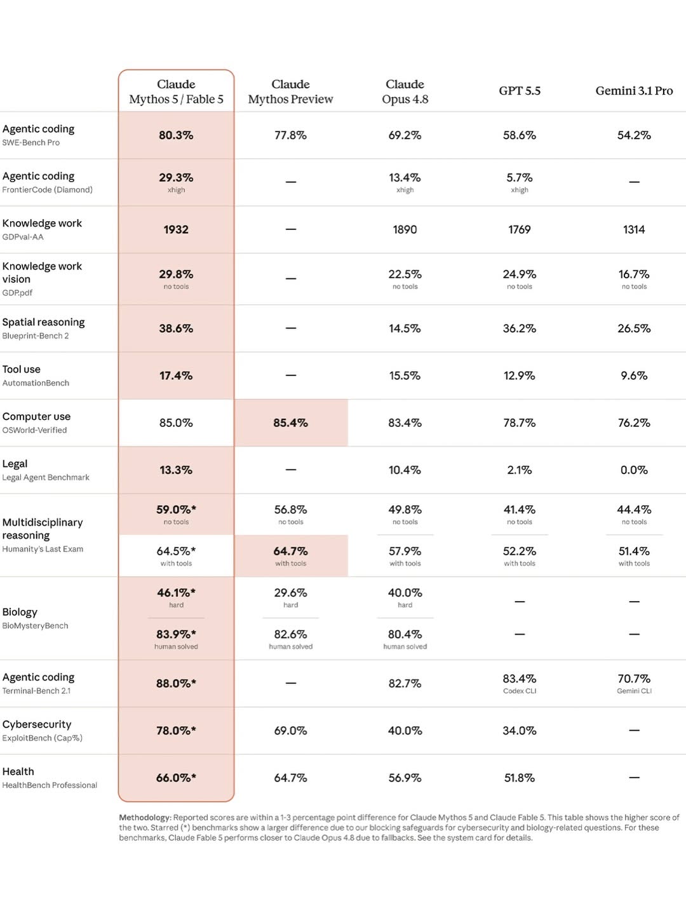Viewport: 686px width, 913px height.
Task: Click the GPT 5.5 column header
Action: pos(520,91)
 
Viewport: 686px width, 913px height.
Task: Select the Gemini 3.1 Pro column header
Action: pos(634,91)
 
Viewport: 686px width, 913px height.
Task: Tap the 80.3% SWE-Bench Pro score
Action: pos(176,135)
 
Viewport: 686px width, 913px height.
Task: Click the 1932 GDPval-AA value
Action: pos(176,229)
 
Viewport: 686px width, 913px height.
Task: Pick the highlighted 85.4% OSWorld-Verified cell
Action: pos(291,423)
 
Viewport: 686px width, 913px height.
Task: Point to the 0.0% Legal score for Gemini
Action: pos(634,470)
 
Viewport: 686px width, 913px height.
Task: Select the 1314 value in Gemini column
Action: pos(634,229)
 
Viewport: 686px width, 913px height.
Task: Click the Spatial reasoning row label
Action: pos(43,322)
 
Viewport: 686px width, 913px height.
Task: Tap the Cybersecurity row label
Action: pos(37,724)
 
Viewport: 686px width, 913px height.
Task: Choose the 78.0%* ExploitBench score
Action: pos(176,731)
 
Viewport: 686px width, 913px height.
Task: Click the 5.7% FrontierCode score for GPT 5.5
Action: pos(520,178)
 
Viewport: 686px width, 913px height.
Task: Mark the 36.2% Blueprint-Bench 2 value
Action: pos(520,328)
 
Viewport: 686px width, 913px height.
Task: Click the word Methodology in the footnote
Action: pos(145,818)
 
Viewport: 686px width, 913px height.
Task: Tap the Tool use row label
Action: pos(21,369)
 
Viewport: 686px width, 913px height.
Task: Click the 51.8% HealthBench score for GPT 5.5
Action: pos(520,778)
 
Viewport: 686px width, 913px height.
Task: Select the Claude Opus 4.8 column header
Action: pos(405,91)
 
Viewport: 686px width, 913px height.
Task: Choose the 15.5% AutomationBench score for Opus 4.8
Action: pos(405,376)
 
